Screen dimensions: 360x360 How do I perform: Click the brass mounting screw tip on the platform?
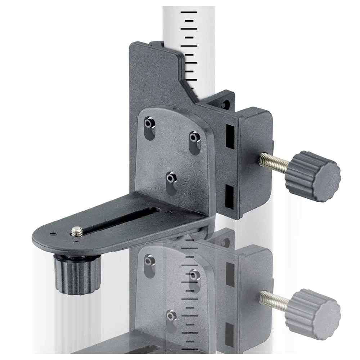(x=76, y=231)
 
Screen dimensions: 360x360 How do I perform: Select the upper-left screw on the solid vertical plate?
(x=148, y=123)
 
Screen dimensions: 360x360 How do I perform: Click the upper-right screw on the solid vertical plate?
(x=194, y=137)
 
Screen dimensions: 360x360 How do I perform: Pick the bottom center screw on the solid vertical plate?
(x=171, y=177)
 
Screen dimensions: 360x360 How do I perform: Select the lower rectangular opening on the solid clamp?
(x=229, y=197)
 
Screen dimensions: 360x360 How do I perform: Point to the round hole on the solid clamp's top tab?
(x=226, y=104)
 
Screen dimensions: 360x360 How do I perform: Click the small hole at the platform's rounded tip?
(x=53, y=234)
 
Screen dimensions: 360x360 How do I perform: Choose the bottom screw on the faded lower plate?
(x=171, y=316)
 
